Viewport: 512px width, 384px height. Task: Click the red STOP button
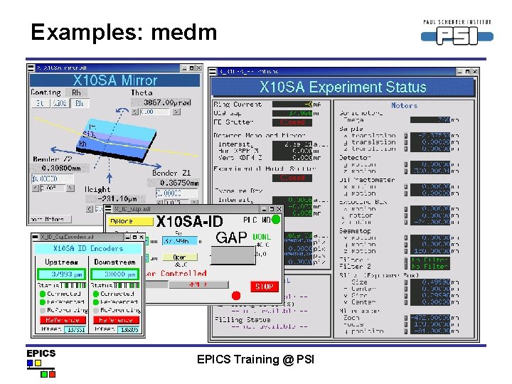(x=264, y=287)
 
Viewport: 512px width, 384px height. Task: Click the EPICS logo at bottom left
(x=41, y=360)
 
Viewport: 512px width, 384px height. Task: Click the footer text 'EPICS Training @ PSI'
(x=255, y=360)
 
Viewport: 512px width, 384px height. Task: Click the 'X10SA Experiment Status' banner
(x=342, y=87)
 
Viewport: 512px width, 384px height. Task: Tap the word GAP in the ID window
(x=231, y=238)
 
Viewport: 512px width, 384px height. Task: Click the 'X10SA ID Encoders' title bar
(x=88, y=249)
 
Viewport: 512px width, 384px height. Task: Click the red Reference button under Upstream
(x=62, y=320)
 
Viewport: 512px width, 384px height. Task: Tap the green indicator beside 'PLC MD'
(x=276, y=220)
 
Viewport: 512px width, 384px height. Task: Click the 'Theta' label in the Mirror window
(x=142, y=93)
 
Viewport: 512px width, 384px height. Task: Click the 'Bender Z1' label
(x=171, y=173)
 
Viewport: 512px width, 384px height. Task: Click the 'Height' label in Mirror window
(x=97, y=189)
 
